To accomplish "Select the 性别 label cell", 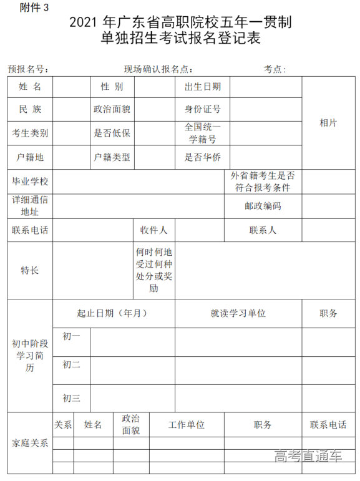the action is (x=112, y=87).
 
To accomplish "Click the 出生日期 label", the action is (x=202, y=87).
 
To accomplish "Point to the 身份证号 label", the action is (x=202, y=109).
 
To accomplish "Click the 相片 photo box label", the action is (x=328, y=123).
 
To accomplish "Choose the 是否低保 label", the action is (x=112, y=133).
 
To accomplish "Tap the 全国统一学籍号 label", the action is (x=202, y=133).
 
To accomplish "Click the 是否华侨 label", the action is (x=202, y=157).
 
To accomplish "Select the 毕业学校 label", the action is (x=30, y=182).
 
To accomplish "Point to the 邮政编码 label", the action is (x=263, y=206).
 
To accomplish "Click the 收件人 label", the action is (x=153, y=230).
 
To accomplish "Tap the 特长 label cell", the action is (x=30, y=270).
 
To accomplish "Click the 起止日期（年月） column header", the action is (x=112, y=313).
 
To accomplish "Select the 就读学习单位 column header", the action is (x=238, y=313).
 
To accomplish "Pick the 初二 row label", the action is (x=71, y=365).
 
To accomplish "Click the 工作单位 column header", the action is (x=186, y=425).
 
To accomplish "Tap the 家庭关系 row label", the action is (x=30, y=444).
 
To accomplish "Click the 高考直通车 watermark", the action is (x=308, y=456).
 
